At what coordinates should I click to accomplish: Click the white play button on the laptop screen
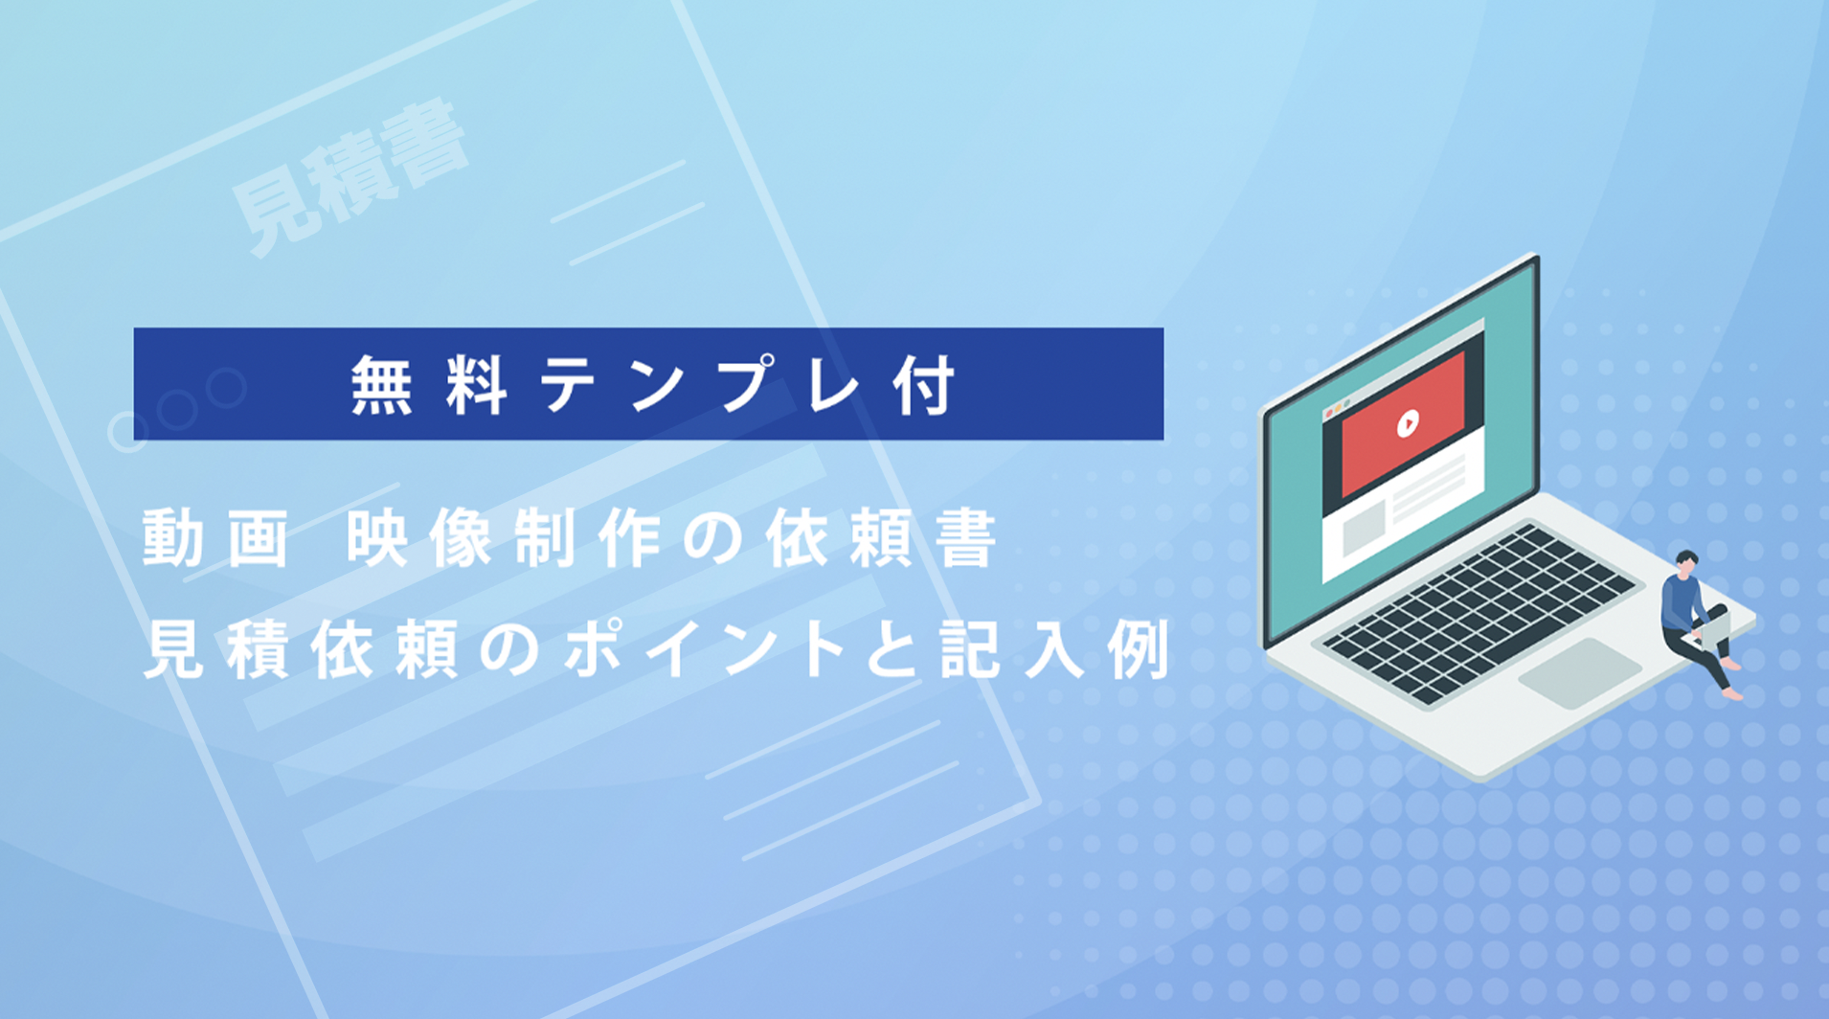[1407, 422]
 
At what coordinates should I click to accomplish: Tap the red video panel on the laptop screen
[1403, 424]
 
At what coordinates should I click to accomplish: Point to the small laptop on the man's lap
[1710, 627]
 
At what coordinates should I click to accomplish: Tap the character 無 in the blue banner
[381, 385]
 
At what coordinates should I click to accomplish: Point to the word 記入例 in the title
[1054, 648]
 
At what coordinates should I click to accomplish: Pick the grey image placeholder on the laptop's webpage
[1364, 529]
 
